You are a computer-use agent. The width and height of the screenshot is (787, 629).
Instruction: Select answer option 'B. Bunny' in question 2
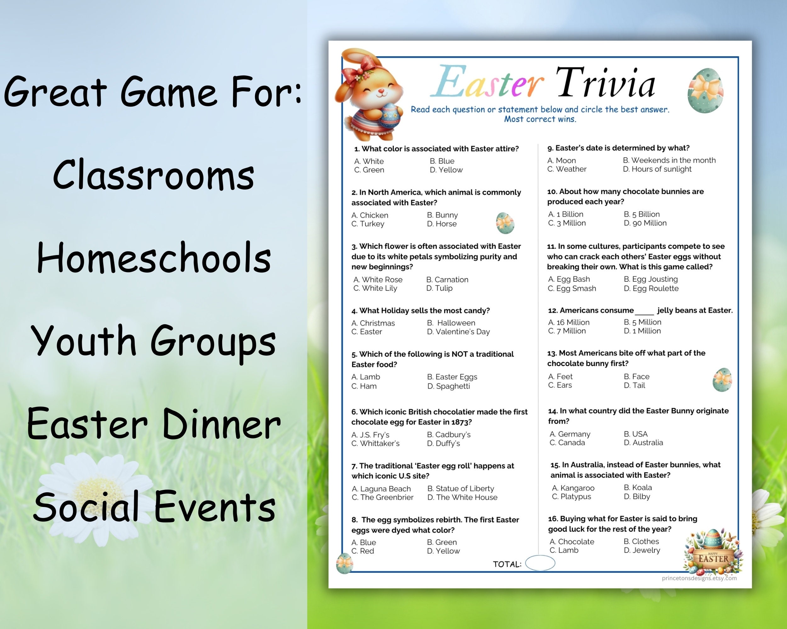point(442,215)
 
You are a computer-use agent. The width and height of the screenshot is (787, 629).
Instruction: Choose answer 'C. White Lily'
point(375,288)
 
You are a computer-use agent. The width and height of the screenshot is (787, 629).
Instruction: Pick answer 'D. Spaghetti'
point(448,386)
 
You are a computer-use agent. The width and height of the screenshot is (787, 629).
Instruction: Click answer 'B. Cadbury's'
point(449,435)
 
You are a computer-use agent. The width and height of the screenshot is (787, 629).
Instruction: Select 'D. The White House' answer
point(462,497)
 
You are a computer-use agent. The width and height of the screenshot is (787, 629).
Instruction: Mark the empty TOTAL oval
point(540,563)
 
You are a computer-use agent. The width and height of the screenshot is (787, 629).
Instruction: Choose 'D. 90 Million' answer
point(645,223)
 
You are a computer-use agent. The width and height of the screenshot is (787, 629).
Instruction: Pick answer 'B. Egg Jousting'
point(650,279)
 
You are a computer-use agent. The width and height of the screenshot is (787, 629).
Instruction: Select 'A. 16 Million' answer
point(569,322)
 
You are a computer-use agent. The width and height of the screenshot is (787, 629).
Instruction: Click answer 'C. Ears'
point(560,386)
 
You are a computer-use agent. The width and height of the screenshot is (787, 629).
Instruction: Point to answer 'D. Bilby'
point(637,497)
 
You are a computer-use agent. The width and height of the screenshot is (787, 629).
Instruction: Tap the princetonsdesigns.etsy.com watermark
point(699,578)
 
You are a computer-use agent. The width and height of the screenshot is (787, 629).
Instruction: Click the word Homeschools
point(154,258)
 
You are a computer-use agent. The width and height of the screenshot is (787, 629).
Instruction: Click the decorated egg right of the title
point(705,91)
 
